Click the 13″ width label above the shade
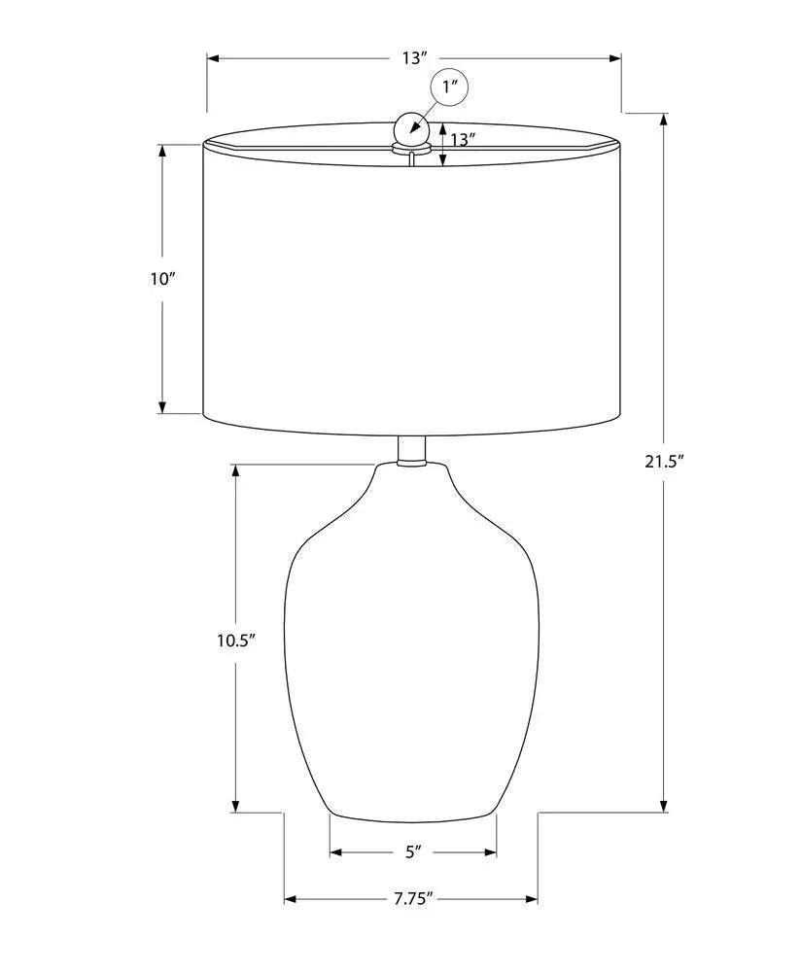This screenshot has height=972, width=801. [x=415, y=58]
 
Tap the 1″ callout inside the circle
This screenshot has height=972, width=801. [x=449, y=87]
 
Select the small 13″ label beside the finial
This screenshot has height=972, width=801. [x=463, y=139]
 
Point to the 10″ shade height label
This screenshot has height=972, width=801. [x=163, y=279]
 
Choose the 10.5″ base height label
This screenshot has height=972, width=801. [x=236, y=641]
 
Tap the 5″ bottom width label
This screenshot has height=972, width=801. [x=413, y=852]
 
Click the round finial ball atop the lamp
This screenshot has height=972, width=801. [x=410, y=127]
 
